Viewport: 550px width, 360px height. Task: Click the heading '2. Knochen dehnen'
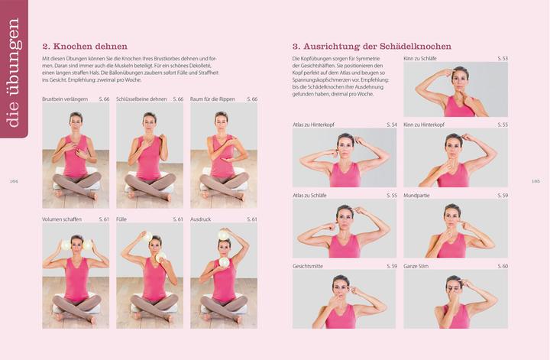pos(85,47)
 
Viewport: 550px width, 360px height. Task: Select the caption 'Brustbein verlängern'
pos(65,99)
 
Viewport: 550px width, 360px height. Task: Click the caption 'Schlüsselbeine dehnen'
pos(141,99)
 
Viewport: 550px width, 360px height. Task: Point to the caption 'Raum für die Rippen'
pos(213,99)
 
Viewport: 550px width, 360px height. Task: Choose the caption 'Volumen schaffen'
pos(63,219)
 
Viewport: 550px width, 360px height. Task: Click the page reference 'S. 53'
pos(502,58)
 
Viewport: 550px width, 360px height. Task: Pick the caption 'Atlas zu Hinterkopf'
pos(312,124)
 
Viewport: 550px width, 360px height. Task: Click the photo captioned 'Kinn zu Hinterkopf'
pos(455,158)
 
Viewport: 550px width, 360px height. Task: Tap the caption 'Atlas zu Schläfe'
pos(309,195)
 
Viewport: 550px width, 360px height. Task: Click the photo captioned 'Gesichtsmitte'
pos(344,299)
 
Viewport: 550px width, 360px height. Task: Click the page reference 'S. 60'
pos(502,266)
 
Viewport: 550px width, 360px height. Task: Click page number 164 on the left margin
pos(13,181)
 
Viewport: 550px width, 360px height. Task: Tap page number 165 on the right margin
pos(535,181)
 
